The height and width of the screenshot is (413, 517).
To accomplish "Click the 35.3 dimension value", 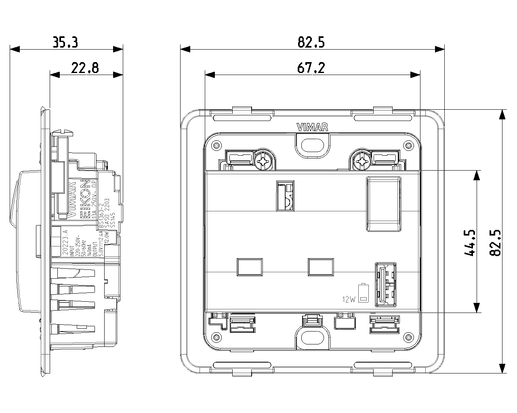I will pos(65,42).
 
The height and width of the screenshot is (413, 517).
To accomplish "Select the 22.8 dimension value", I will pos(85,68).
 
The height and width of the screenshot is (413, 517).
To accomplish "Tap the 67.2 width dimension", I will pos(311,68).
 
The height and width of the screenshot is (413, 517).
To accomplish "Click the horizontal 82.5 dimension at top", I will pos(311,42).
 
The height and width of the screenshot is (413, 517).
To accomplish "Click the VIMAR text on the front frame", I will pos(312,127).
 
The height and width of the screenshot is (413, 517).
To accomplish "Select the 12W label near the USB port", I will pos(348,299).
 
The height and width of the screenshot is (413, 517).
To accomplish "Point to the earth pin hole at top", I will pos(286,195).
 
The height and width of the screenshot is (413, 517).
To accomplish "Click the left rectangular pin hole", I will pos(249,267).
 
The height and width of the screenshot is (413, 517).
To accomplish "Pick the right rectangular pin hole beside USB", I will pos(321,267).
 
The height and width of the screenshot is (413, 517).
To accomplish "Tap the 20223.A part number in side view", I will pos(65,242).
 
